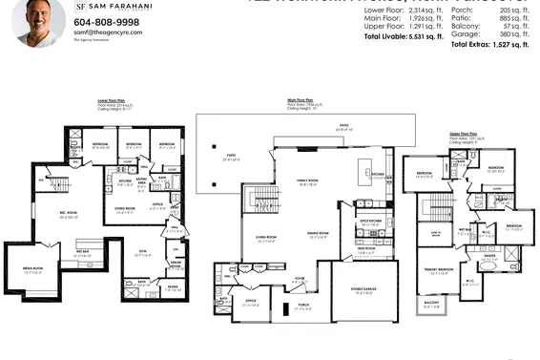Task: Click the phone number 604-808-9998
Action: point(106,21)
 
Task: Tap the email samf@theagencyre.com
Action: point(108,32)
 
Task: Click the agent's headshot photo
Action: point(38,21)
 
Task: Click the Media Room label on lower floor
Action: point(31,269)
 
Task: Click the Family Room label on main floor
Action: point(307,183)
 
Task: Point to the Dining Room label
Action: point(317,232)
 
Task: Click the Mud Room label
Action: point(366,250)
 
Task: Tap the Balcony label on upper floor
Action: point(431,307)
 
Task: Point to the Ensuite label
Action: point(488,255)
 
